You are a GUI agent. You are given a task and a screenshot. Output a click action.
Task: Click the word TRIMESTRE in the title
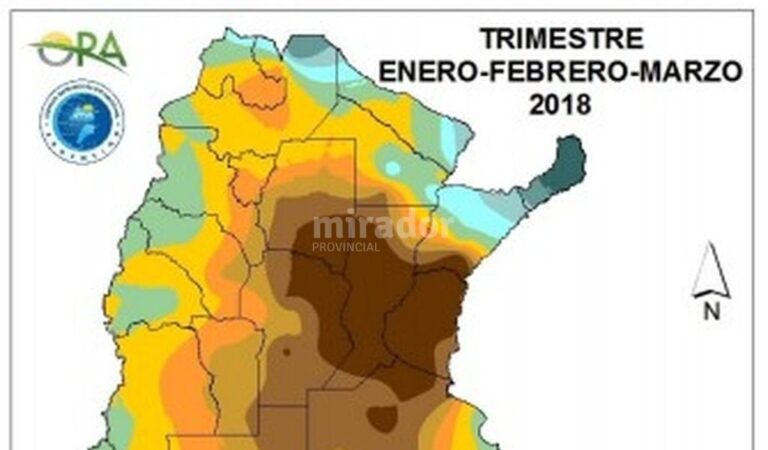(x=560, y=39)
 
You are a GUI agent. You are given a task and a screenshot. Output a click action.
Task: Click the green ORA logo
(x=79, y=50)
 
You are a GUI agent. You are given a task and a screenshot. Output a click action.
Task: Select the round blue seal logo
(x=81, y=121)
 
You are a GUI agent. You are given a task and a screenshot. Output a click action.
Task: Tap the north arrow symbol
(x=710, y=271)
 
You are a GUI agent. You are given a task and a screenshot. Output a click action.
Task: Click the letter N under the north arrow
(x=711, y=312)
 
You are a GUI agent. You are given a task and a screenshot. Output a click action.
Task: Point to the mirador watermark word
(x=383, y=226)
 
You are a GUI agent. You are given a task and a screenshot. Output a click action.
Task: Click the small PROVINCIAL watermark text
(x=346, y=247)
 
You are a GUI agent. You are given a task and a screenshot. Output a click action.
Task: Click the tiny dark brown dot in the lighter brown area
(x=287, y=352)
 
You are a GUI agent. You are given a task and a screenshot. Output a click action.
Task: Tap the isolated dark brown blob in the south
(x=381, y=417)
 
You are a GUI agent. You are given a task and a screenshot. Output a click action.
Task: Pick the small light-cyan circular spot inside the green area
(x=393, y=168)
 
